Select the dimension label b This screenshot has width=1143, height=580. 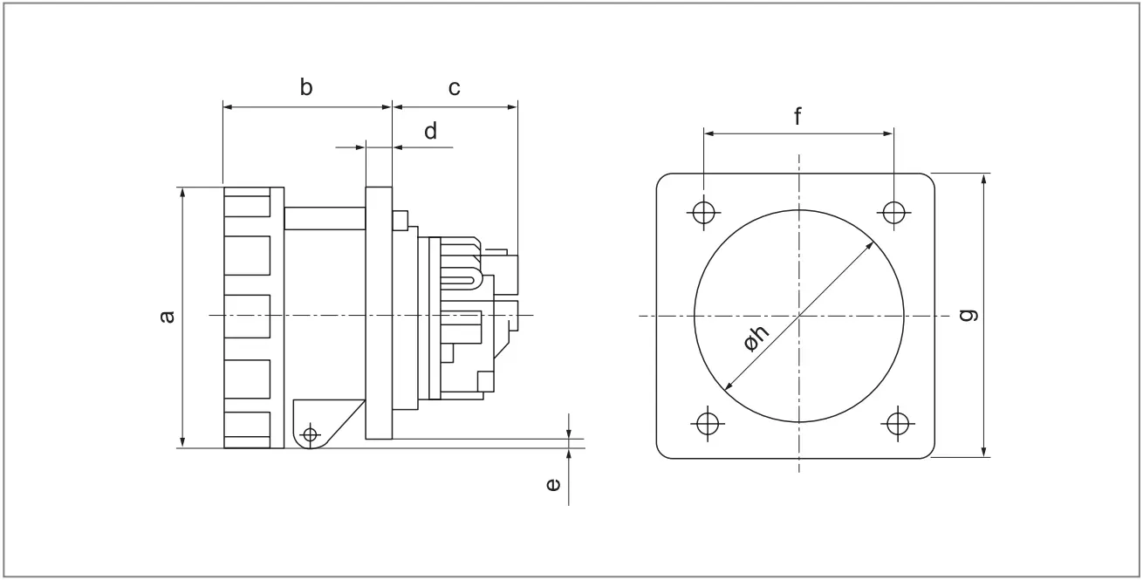[306, 87]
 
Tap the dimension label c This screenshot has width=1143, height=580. [455, 87]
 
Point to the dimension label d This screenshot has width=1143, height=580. [430, 132]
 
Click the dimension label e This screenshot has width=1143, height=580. [553, 483]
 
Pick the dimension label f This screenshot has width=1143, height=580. [798, 116]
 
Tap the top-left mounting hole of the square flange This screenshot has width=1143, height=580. [704, 211]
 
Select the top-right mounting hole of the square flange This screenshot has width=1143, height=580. [894, 211]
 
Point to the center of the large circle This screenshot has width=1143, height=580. [799, 315]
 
